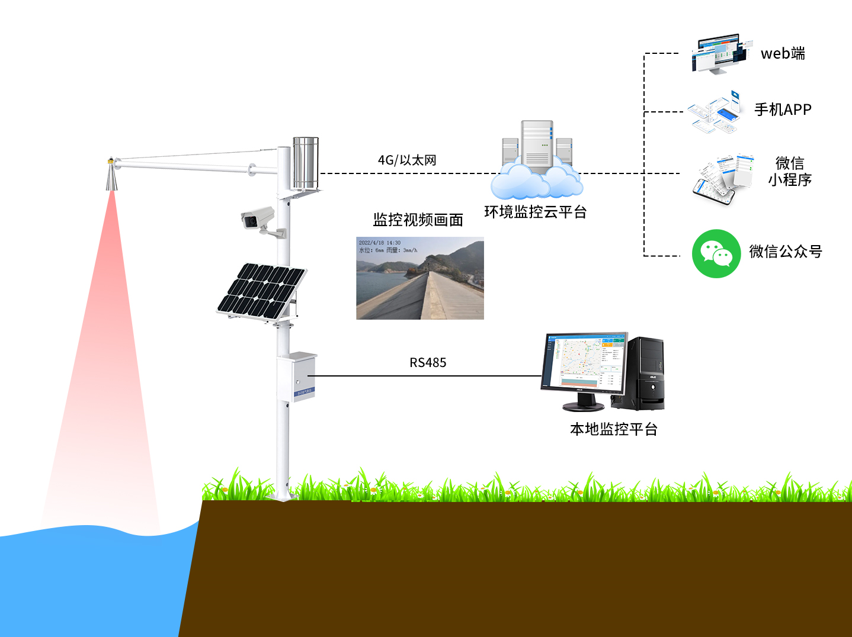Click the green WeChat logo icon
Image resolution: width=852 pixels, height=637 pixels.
tap(716, 253)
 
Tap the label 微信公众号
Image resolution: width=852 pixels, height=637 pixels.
tap(786, 252)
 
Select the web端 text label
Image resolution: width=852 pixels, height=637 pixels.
tap(783, 53)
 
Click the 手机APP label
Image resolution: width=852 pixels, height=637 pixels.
tap(783, 110)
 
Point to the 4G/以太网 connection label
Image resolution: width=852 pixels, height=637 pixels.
tap(407, 160)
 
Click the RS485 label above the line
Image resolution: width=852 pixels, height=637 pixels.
tap(428, 362)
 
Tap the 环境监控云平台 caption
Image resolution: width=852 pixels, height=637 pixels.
tap(536, 212)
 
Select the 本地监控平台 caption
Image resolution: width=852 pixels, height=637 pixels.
tap(614, 429)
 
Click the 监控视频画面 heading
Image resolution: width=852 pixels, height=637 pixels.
tap(418, 220)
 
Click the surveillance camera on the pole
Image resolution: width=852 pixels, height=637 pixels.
tap(258, 219)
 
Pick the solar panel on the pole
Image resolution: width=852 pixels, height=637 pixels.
tap(261, 291)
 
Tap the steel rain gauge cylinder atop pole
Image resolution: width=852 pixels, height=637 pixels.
tap(306, 163)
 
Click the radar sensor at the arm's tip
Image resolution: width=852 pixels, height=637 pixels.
tap(111, 175)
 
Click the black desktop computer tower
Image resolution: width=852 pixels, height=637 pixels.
tap(646, 373)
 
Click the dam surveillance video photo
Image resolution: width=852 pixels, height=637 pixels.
tap(420, 278)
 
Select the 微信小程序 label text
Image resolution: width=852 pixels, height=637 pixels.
tap(790, 171)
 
